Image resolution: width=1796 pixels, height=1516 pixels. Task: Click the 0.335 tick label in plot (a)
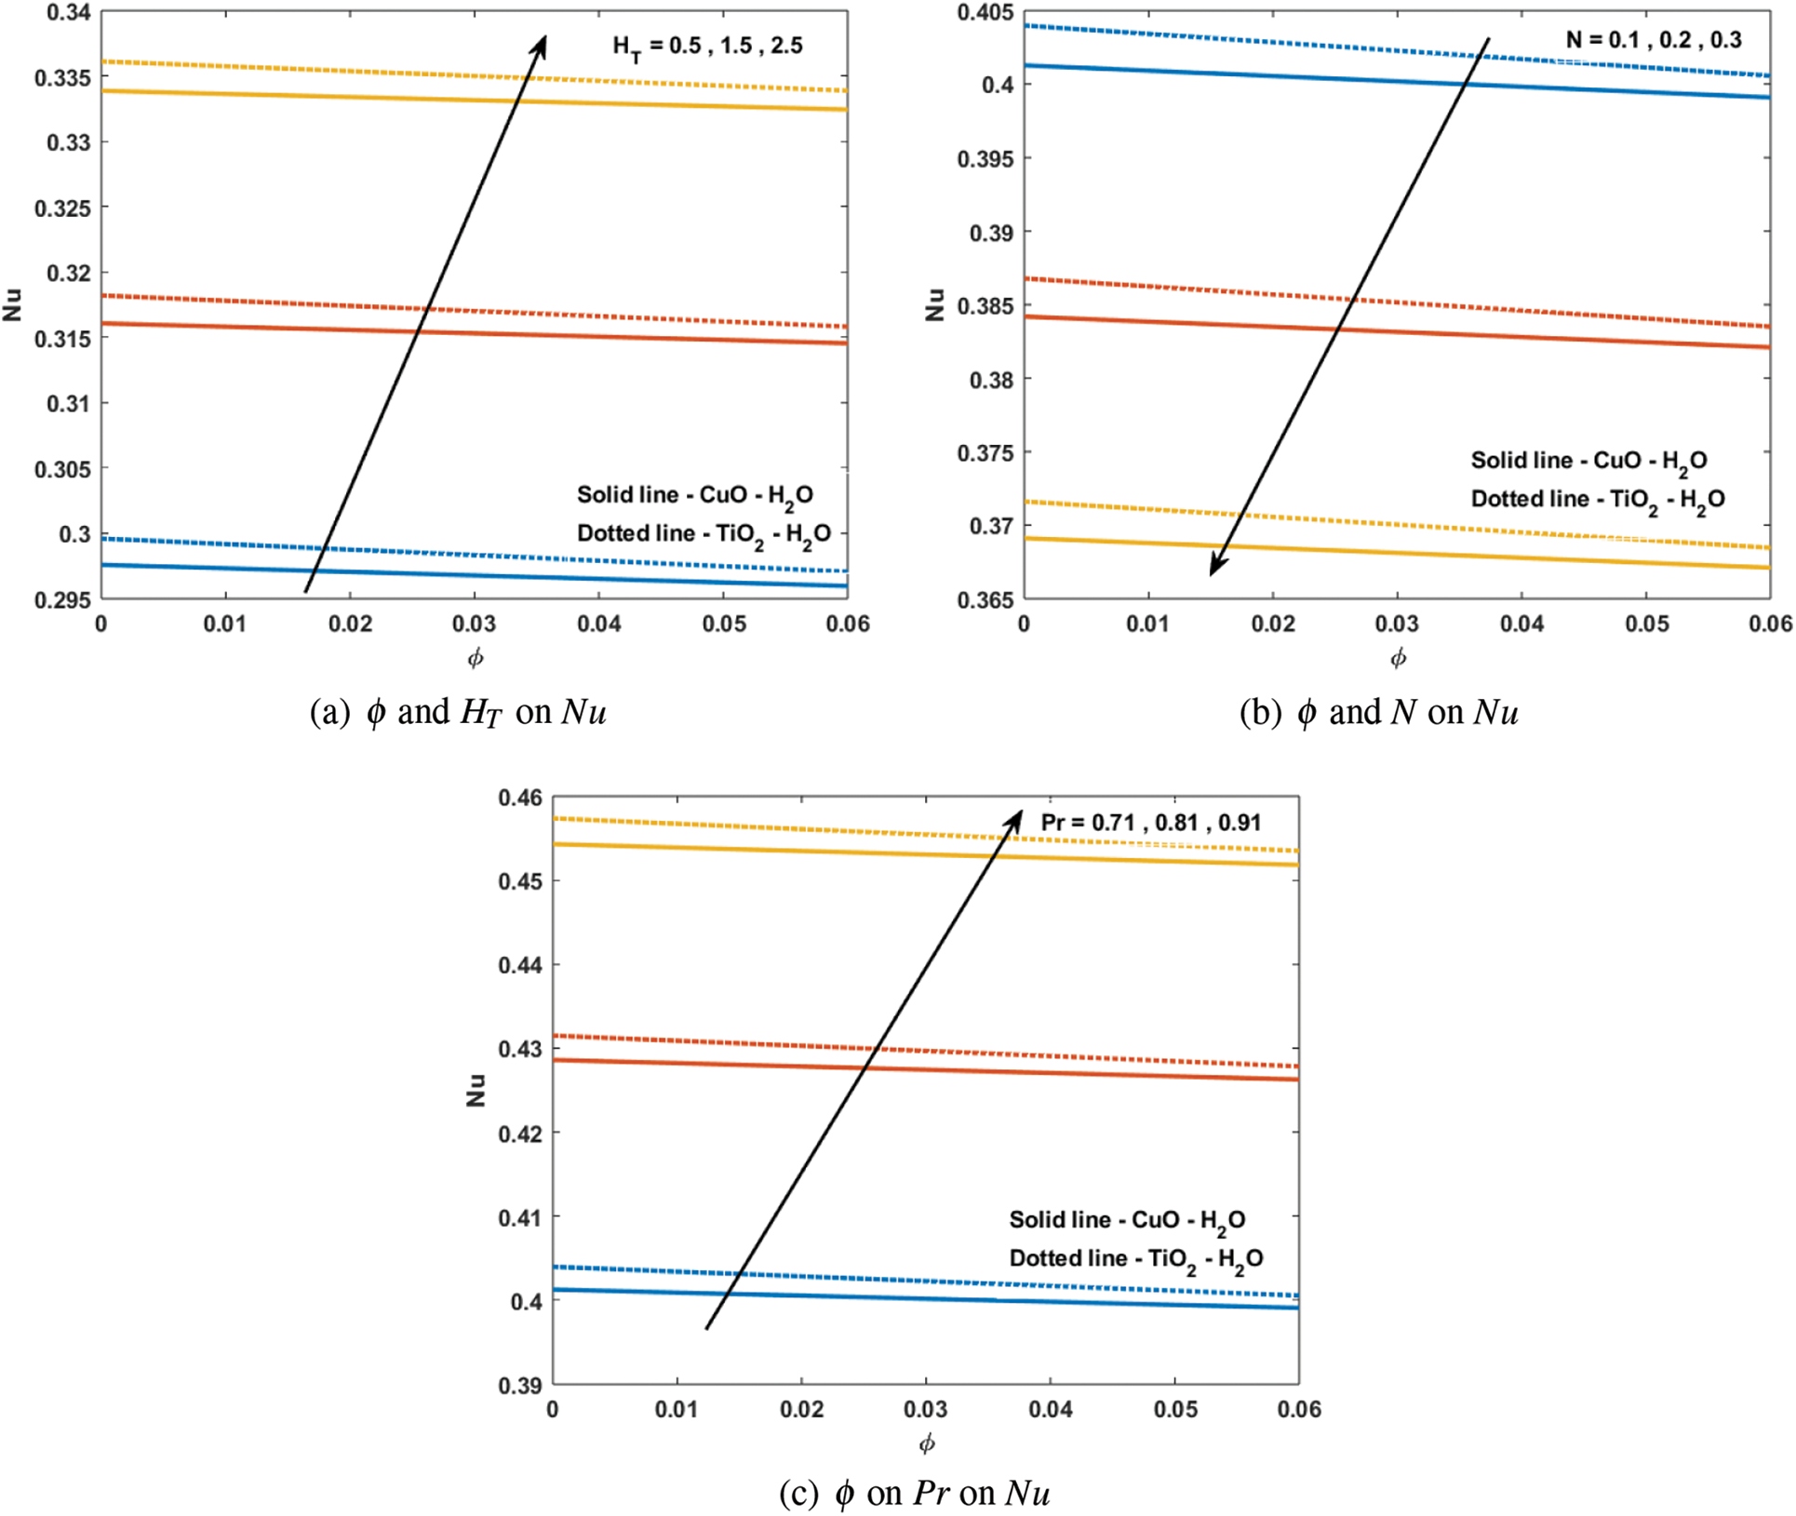click(x=62, y=78)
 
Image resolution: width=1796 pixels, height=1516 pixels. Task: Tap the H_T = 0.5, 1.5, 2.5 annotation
click(x=707, y=47)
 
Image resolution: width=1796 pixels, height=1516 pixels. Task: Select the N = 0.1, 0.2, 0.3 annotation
click(x=1653, y=40)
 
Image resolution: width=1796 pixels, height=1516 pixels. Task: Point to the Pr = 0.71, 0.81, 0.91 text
click(x=1150, y=823)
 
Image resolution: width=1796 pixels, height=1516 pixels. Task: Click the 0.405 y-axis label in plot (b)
click(x=985, y=13)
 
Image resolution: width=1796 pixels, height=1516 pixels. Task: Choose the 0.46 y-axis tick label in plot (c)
click(x=520, y=798)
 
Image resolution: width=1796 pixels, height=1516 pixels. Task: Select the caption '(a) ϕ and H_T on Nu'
click(x=458, y=713)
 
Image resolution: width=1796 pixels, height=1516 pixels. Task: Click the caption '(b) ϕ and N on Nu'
click(x=1379, y=713)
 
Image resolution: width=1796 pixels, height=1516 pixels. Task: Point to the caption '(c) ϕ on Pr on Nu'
click(x=915, y=1494)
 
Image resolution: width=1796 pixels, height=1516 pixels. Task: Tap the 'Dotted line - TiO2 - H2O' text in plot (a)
click(x=704, y=534)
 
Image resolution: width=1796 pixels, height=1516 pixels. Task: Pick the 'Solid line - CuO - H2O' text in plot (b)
click(x=1588, y=461)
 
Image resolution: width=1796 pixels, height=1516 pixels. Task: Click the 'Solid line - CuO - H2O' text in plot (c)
click(x=1127, y=1220)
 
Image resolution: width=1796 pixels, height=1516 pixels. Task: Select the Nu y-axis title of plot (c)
click(x=476, y=1090)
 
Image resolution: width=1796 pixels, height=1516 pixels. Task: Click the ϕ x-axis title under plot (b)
click(x=1398, y=658)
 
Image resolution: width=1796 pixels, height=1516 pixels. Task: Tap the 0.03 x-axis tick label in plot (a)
click(x=475, y=624)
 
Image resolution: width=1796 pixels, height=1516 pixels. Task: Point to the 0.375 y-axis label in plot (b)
click(x=985, y=453)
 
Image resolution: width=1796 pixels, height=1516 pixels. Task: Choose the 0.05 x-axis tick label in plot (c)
click(x=1175, y=1410)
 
